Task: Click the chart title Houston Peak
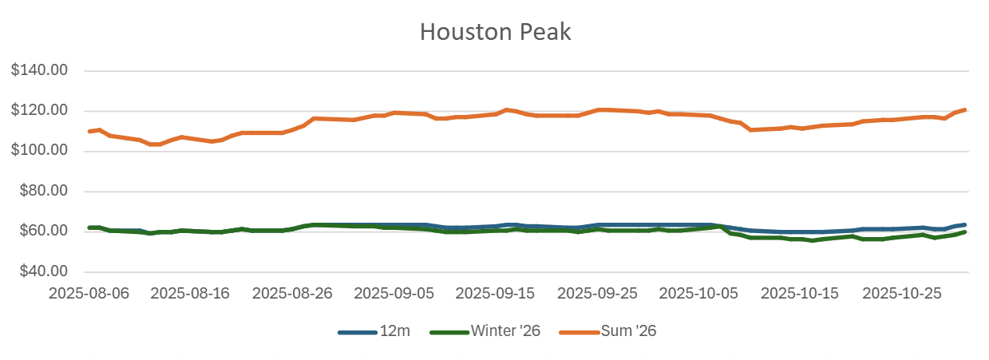pyautogui.click(x=495, y=33)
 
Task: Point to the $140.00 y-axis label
pyautogui.click(x=39, y=70)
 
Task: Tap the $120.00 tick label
pyautogui.click(x=39, y=110)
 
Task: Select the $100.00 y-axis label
pyautogui.click(x=39, y=151)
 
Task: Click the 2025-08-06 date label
pyautogui.click(x=88, y=293)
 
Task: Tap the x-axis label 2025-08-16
pyautogui.click(x=190, y=293)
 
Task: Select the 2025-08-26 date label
pyautogui.click(x=292, y=293)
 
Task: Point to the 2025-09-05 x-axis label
pyautogui.click(x=394, y=293)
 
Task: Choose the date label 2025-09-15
pyautogui.click(x=496, y=293)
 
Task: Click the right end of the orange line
pyautogui.click(x=965, y=109)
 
